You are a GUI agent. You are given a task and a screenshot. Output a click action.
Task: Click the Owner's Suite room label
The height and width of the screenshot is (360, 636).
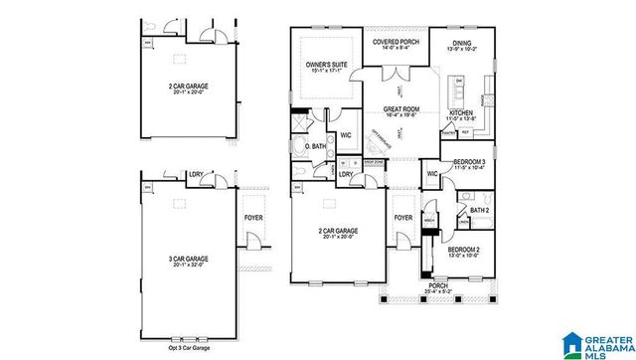click(326, 64)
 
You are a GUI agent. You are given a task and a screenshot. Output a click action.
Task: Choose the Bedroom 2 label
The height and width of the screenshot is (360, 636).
click(463, 248)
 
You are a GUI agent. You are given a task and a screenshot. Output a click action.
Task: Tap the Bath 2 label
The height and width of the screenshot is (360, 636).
click(479, 210)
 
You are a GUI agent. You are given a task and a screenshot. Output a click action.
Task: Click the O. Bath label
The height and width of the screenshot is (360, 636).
click(316, 147)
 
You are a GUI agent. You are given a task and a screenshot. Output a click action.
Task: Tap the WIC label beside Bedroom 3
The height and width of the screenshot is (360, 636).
click(432, 173)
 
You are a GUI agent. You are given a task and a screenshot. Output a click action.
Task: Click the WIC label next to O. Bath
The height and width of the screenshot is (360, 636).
click(346, 134)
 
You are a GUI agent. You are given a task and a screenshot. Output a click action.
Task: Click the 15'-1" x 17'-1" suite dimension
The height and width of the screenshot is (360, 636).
click(326, 71)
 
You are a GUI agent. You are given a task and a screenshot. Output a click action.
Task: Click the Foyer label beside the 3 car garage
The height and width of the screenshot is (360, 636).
click(253, 215)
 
